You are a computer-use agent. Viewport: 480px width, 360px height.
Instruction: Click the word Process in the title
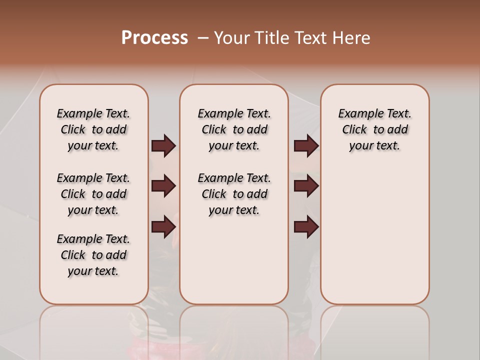tap(154, 38)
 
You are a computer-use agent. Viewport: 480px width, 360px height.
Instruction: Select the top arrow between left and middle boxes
tap(163, 146)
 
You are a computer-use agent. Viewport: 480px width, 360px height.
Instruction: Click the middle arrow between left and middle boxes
tap(163, 186)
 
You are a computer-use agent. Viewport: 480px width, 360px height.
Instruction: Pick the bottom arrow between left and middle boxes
tap(163, 227)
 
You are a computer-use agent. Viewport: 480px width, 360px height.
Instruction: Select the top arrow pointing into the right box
tap(306, 146)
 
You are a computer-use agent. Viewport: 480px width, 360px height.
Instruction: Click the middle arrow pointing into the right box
tap(306, 186)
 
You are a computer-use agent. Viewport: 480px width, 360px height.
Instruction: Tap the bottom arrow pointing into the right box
tap(306, 227)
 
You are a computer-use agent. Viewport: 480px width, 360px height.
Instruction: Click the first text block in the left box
tap(93, 129)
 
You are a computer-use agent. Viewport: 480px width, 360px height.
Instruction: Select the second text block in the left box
tap(93, 194)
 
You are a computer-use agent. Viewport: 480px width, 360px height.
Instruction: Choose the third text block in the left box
tap(93, 255)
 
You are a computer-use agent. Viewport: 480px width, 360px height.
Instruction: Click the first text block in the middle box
tap(234, 129)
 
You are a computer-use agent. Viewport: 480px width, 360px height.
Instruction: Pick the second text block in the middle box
tap(234, 194)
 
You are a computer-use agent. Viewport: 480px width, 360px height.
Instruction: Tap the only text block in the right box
tap(374, 129)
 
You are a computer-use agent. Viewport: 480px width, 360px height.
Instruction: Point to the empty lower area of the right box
tap(374, 235)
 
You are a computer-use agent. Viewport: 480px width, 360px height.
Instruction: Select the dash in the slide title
tap(202, 38)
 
